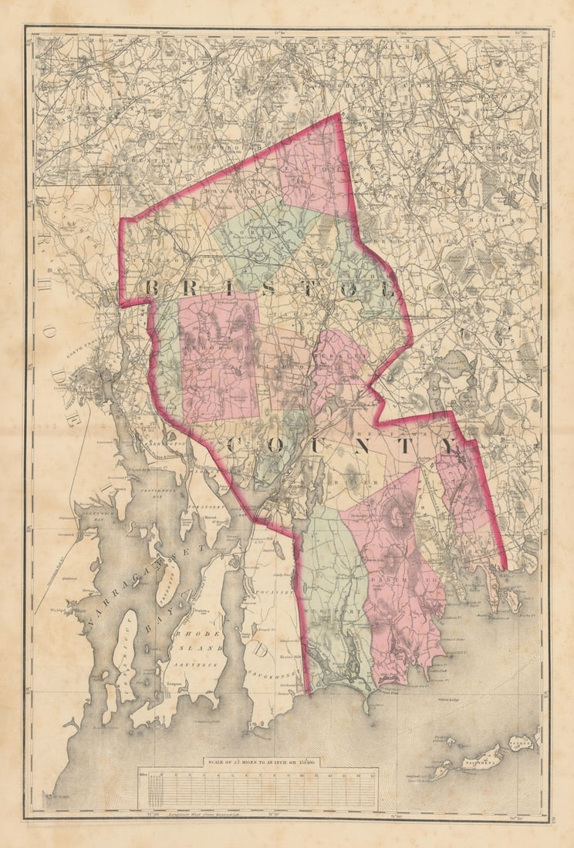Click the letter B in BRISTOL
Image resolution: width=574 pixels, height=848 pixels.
152,287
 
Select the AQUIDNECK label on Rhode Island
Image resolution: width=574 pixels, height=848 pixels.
183,663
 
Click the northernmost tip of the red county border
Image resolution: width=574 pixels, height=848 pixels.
339,115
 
